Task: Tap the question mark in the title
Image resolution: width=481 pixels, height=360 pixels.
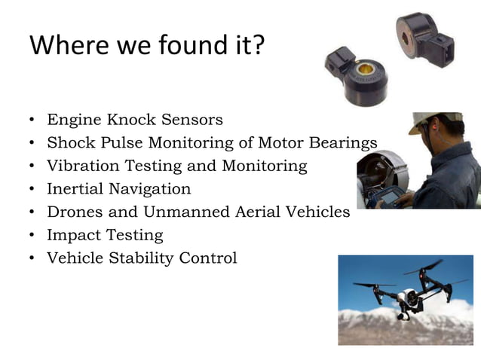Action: [x=259, y=46]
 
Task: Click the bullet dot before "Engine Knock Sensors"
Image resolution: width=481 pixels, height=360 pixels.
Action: [x=32, y=120]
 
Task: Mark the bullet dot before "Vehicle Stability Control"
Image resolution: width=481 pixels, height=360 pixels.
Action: [x=32, y=259]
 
